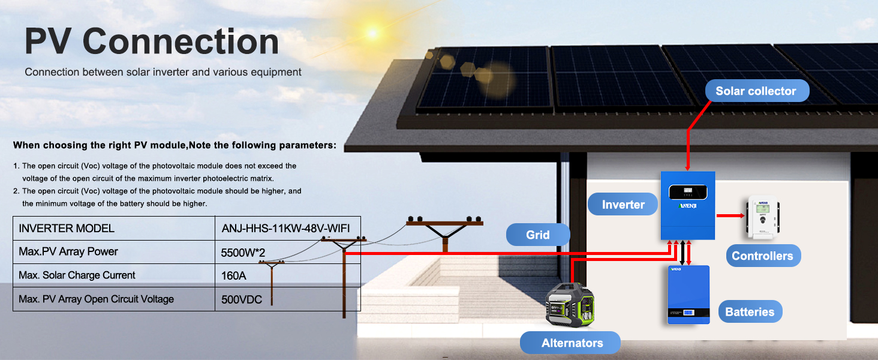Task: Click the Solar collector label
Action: [755, 91]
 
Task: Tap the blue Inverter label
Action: [623, 205]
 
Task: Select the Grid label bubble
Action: [537, 235]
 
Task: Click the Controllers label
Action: [762, 256]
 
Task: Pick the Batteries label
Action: [749, 311]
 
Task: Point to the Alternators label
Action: [572, 343]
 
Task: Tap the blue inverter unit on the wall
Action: [688, 204]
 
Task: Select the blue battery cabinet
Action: [688, 294]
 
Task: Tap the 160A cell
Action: [233, 276]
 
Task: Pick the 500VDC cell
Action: [242, 299]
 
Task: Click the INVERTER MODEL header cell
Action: [67, 229]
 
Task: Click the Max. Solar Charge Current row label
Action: [77, 275]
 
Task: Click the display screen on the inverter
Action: [688, 191]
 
